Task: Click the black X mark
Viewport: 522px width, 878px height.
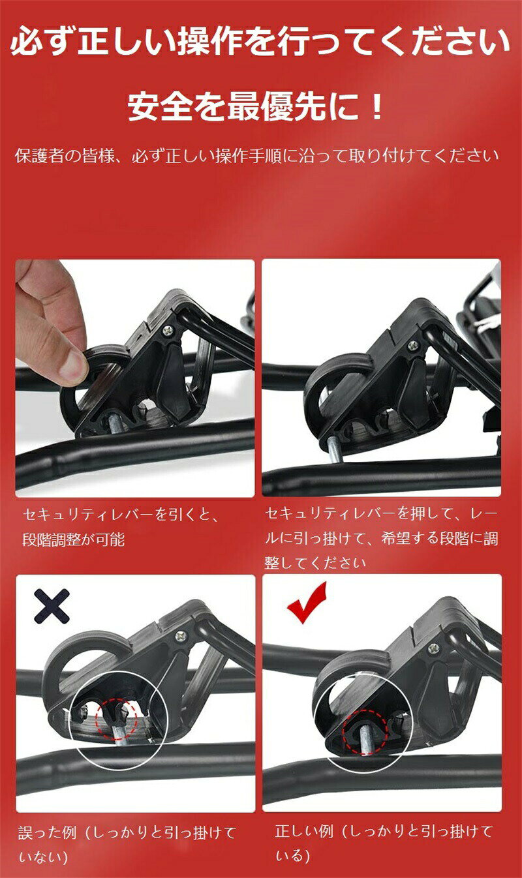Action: (52, 606)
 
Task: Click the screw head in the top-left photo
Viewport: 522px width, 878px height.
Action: (168, 331)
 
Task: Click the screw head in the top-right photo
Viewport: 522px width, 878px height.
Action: (413, 345)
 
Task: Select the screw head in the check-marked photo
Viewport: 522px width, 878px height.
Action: (433, 648)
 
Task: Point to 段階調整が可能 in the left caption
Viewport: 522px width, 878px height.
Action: (74, 540)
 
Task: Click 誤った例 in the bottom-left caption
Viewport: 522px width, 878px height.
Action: (47, 834)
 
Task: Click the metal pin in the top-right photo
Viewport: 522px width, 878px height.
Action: (335, 451)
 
